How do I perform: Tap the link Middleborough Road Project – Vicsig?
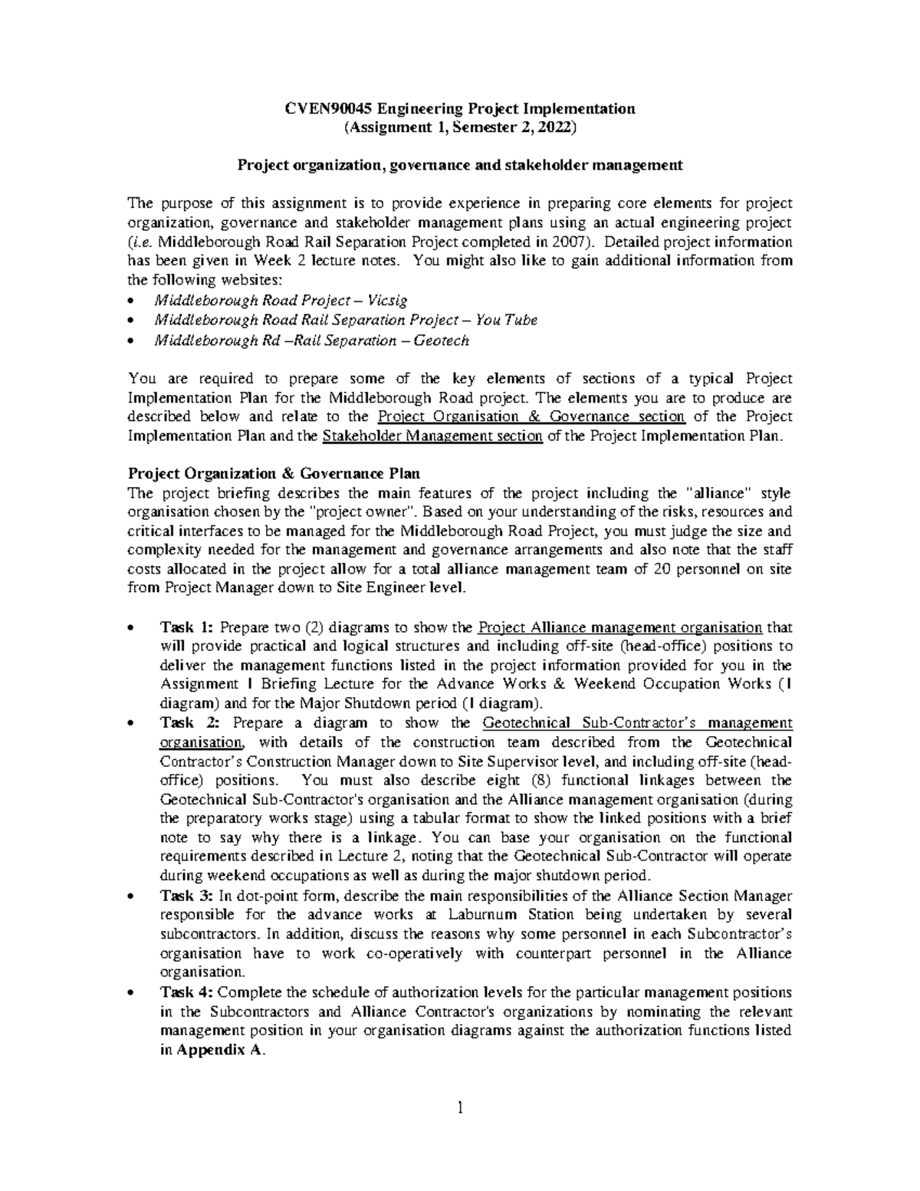coord(281,300)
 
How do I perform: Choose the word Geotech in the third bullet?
coord(441,339)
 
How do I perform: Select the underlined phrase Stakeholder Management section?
coord(433,436)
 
